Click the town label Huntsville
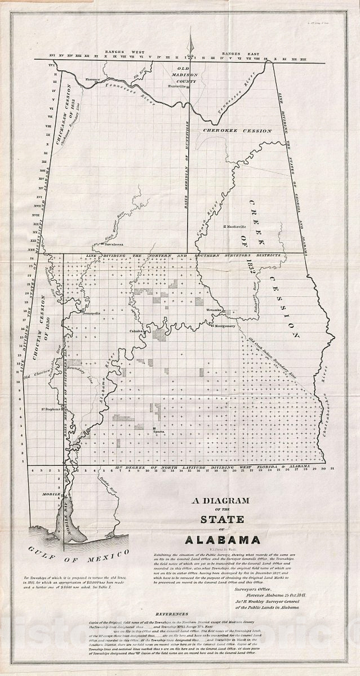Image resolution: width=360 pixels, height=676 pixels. coord(177,86)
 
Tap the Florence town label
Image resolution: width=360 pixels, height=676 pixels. coord(93,79)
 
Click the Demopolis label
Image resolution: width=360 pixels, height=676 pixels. coord(91,313)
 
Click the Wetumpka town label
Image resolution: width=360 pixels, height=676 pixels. coord(215,310)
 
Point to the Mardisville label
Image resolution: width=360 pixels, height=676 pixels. coord(236,226)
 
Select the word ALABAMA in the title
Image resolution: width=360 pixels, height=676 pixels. coord(227,540)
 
